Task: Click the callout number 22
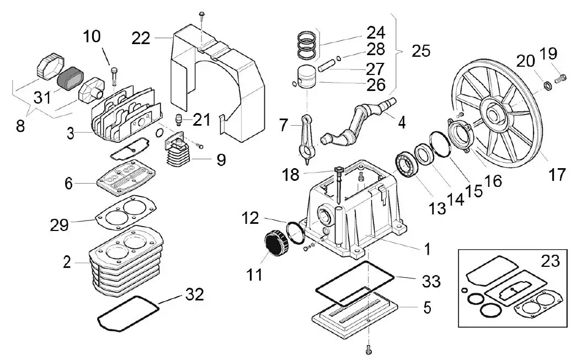pyautogui.click(x=141, y=38)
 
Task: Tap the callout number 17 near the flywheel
pyautogui.click(x=557, y=175)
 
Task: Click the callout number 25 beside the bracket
pyautogui.click(x=421, y=51)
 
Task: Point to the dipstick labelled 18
pyautogui.click(x=338, y=185)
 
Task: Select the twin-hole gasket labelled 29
pyautogui.click(x=125, y=212)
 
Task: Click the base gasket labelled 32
pyautogui.click(x=125, y=314)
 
